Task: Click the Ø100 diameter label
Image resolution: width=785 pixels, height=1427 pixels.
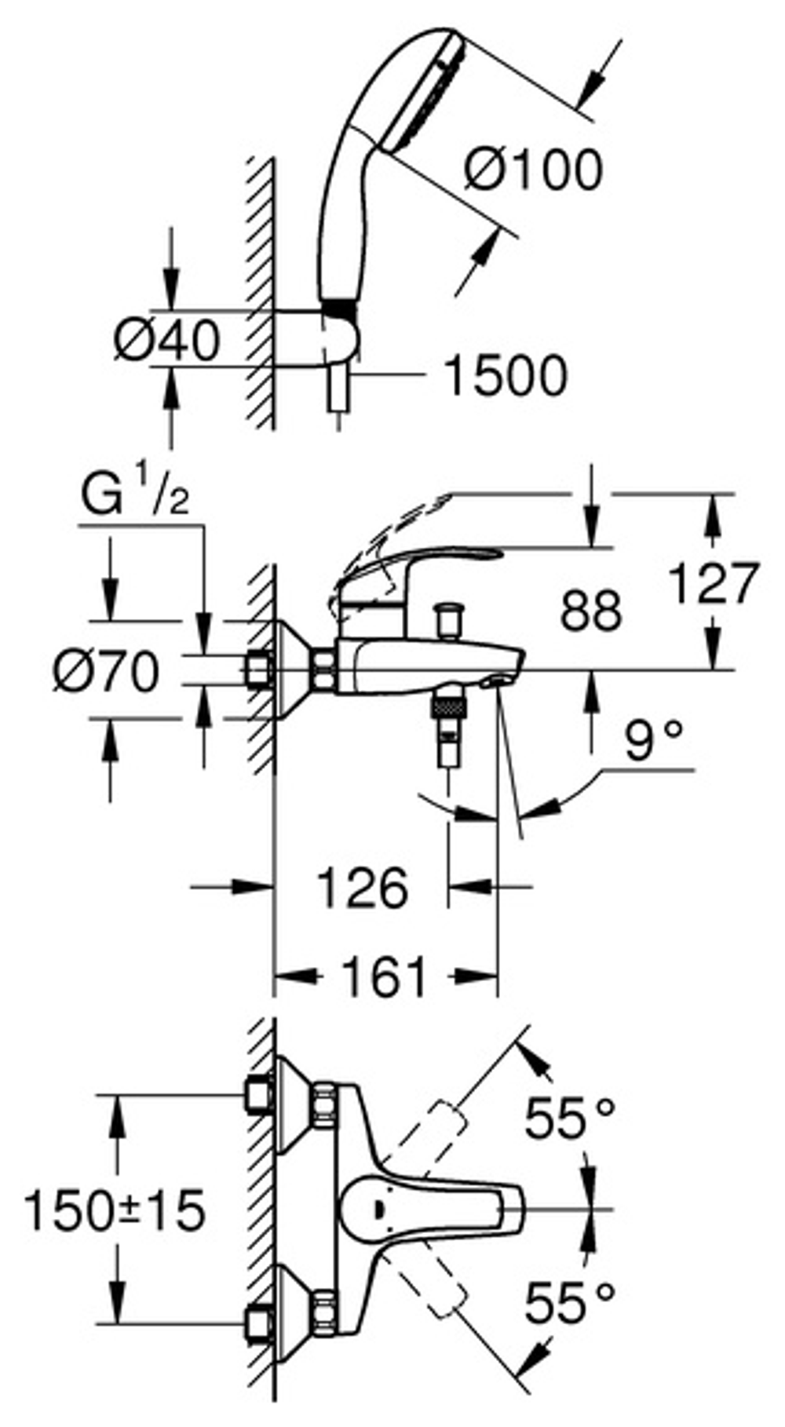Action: click(533, 170)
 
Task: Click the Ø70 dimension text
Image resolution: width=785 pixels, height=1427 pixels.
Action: click(107, 672)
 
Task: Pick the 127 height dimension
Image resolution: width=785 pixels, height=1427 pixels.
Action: click(714, 582)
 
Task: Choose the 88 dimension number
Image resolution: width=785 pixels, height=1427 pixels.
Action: click(590, 610)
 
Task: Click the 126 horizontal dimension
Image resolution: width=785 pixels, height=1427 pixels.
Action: click(362, 888)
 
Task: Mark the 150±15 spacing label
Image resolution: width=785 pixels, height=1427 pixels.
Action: click(115, 1210)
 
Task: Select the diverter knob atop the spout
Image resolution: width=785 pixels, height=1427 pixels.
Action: click(451, 620)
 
